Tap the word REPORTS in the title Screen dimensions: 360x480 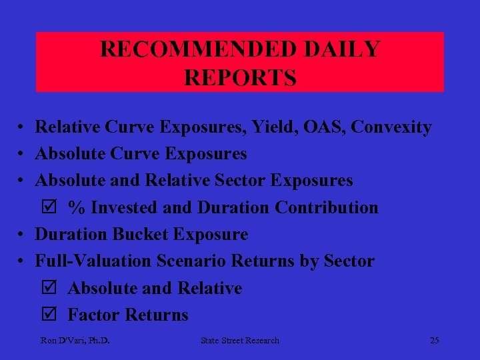coord(240,78)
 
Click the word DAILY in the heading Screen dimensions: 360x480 coord(348,49)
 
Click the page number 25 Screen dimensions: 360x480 coord(435,341)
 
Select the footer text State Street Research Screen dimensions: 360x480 coord(240,341)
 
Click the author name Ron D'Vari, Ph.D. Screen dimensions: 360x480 coord(75,341)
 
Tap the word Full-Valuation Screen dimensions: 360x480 coord(93,261)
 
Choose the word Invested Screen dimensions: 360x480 coord(125,208)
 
